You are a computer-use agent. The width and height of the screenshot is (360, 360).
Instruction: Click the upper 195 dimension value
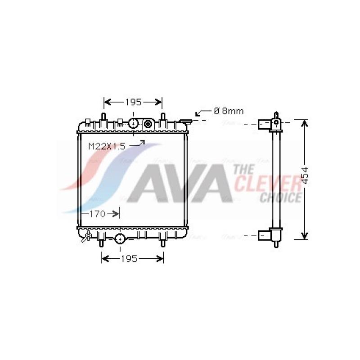point(133,102)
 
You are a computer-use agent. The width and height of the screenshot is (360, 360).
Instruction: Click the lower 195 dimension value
point(129,259)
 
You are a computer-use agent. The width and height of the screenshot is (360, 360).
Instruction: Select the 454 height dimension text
point(305,175)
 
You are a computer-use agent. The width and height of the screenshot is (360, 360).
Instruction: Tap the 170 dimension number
point(97,214)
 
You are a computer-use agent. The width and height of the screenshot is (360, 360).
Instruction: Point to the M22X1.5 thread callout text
point(107,146)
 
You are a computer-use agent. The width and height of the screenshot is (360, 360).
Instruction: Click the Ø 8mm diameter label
point(229,111)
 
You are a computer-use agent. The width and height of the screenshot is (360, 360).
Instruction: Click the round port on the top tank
point(133,123)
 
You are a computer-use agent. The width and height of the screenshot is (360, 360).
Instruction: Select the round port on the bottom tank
point(120,239)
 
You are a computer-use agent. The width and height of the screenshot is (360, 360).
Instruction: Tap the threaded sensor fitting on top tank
point(148,124)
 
